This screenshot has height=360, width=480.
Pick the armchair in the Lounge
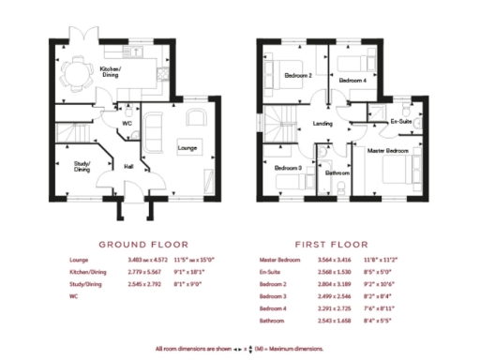196,116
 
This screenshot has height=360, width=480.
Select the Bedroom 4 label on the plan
351,81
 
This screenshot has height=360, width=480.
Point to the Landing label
322,122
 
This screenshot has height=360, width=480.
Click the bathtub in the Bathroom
323,158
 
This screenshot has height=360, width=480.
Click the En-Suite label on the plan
400,122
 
